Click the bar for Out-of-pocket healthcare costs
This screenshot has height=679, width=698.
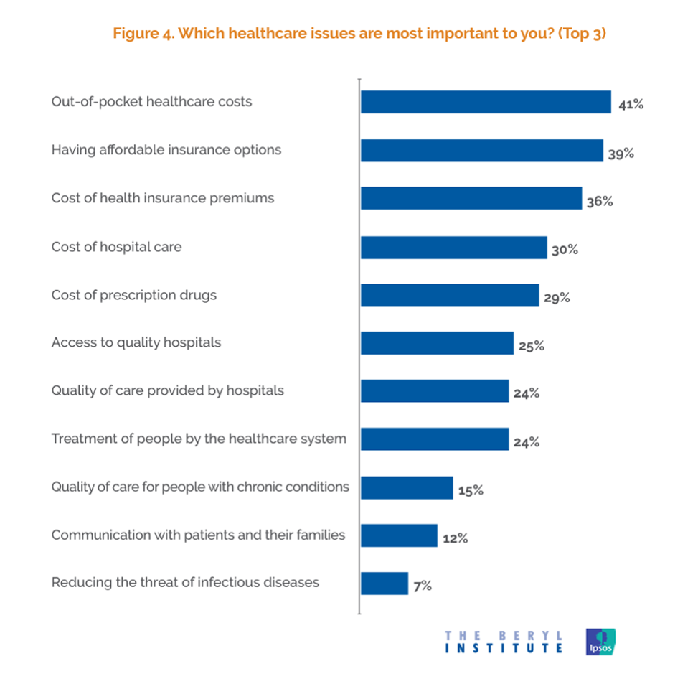click(x=486, y=102)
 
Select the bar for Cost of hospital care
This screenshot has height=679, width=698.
click(x=453, y=247)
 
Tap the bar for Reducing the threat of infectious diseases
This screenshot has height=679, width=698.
click(x=385, y=584)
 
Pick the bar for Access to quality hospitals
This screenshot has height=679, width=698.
click(x=437, y=343)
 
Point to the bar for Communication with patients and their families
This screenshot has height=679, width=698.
click(x=399, y=535)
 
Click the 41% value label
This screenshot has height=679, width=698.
click(x=631, y=105)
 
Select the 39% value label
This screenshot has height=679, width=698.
click(x=622, y=153)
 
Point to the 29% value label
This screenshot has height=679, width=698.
click(x=557, y=297)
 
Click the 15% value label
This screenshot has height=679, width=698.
click(x=471, y=490)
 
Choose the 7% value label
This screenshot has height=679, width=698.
click(x=423, y=586)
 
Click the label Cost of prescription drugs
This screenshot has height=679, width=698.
click(x=133, y=295)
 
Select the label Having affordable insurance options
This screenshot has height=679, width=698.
click(x=166, y=150)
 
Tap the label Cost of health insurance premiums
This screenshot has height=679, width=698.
click(x=162, y=198)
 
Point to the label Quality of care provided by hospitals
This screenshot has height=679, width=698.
click(x=167, y=391)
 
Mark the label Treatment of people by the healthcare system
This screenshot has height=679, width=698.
click(x=199, y=439)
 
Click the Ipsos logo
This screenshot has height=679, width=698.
click(x=600, y=642)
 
